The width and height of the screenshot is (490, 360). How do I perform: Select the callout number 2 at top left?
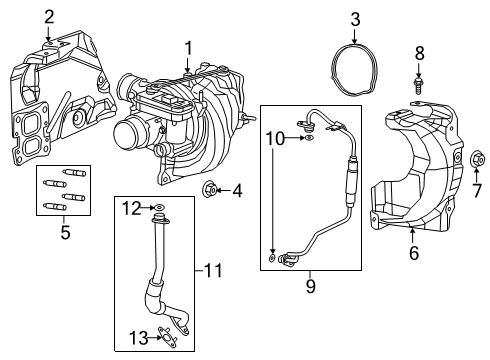coord(48,16)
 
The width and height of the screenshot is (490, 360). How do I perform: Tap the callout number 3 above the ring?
coord(354,18)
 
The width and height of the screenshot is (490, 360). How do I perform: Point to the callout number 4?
coord(237,189)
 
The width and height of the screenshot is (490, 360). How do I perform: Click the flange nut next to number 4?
coord(210,188)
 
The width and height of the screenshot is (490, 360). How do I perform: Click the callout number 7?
coord(477,190)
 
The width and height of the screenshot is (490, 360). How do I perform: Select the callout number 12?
coord(128,207)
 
